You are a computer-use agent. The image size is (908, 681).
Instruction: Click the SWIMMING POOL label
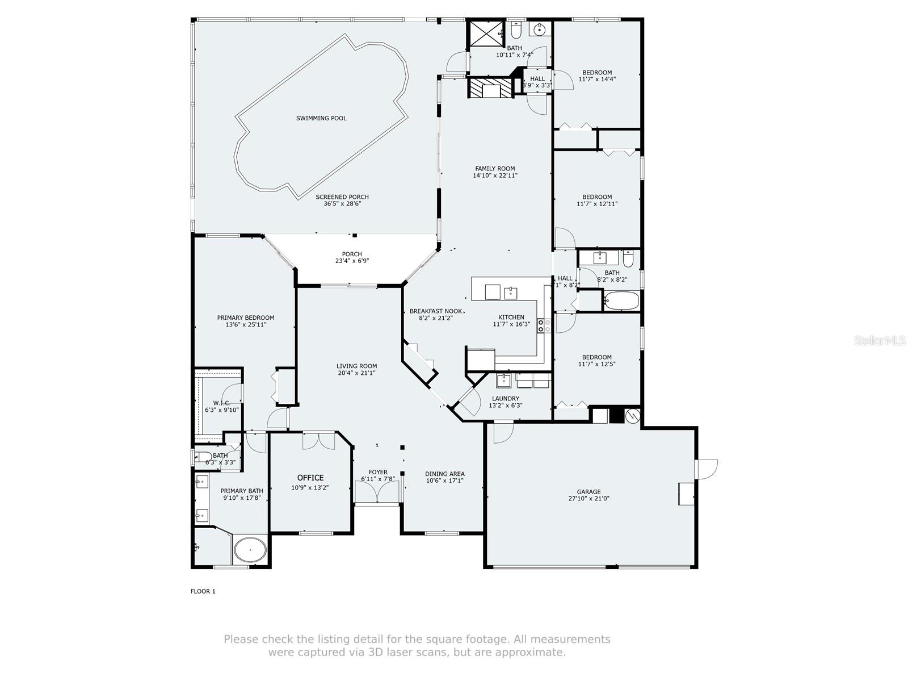[x=321, y=118]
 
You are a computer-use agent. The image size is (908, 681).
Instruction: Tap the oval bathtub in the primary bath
[x=250, y=550]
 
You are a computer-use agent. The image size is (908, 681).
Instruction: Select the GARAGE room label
[x=588, y=492]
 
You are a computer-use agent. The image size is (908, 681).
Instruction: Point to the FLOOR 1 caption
[x=203, y=591]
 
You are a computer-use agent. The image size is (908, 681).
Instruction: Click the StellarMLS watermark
[x=879, y=341]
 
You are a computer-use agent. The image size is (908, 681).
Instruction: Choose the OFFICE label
[x=310, y=478]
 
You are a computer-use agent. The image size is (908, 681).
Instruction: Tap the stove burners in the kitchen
[x=544, y=325]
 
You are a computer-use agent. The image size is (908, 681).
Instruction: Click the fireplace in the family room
[x=491, y=88]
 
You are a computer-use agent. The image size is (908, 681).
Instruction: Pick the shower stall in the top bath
[x=486, y=33]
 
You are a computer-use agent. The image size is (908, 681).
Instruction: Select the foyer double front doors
[x=377, y=492]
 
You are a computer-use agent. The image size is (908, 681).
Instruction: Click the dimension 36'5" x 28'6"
[x=342, y=204]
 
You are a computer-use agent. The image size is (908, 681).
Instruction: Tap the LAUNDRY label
[x=506, y=399]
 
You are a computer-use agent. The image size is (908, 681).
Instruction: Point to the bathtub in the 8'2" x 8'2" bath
[x=621, y=300]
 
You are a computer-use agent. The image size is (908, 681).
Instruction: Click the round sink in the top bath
[x=539, y=30]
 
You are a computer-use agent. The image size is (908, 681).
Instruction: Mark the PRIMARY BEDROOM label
[x=246, y=318]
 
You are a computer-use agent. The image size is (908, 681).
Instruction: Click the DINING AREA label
[x=445, y=474]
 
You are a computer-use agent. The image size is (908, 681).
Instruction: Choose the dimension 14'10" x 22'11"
[x=495, y=176]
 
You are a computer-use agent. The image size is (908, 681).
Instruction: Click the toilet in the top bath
[x=516, y=30]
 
